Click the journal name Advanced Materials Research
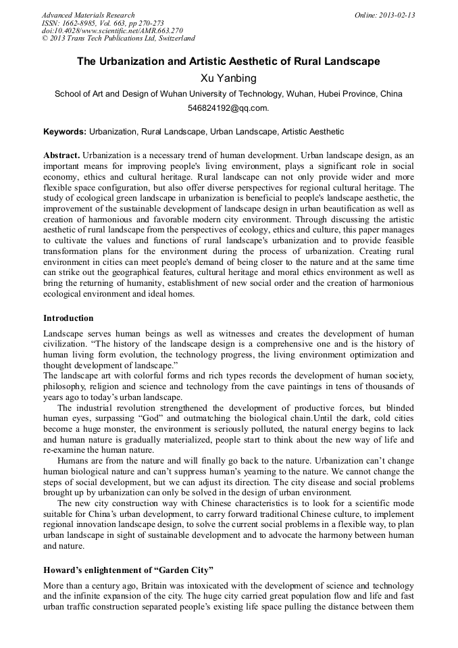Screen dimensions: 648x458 click(88, 15)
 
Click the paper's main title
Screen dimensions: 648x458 click(228, 61)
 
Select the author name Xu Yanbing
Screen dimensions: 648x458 click(228, 78)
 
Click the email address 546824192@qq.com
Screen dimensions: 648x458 click(228, 107)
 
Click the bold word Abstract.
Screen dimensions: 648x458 click(61, 155)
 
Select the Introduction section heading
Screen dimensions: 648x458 click(68, 318)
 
